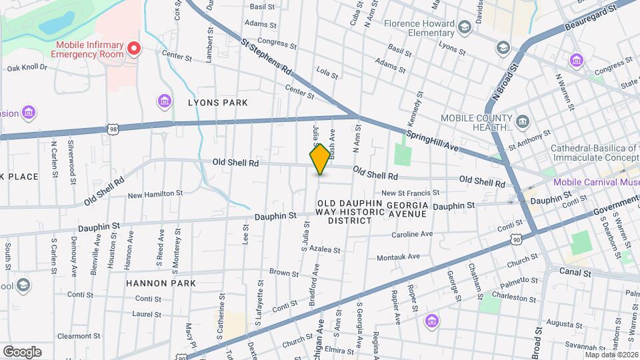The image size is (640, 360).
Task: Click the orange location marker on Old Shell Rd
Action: click(x=320, y=159)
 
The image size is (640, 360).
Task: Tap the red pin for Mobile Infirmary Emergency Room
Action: click(x=134, y=48)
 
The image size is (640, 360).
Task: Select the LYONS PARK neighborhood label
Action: click(x=217, y=103)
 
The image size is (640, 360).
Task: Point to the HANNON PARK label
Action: click(x=161, y=283)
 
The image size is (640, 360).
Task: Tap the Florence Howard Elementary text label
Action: click(x=419, y=27)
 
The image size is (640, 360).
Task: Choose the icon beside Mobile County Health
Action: click(x=523, y=122)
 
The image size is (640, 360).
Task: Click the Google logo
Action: click(x=22, y=351)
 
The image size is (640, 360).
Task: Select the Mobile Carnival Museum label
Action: click(x=596, y=182)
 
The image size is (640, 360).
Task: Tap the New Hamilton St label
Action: click(x=155, y=194)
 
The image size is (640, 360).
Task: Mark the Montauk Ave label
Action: click(x=398, y=257)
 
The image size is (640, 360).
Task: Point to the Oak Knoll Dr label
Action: click(x=27, y=67)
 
